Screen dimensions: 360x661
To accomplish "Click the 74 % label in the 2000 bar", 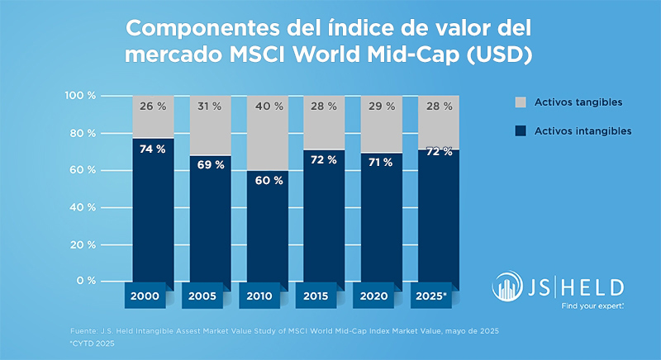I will coord(153,149).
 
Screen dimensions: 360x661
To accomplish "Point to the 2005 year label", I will coord(210,296).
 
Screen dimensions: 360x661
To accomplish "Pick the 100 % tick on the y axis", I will coord(81,96).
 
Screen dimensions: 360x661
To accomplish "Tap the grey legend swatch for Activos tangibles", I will coord(521,102).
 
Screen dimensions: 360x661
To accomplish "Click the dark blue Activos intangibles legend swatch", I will coord(521,130).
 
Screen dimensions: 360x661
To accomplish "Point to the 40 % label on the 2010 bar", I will coord(267,107).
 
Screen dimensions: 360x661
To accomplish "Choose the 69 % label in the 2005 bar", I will coord(210,164).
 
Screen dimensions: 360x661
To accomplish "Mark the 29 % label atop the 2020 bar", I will coord(381,107).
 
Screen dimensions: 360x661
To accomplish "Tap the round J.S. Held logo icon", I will coord(508,287).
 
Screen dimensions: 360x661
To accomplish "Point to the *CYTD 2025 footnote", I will coord(93,342).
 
